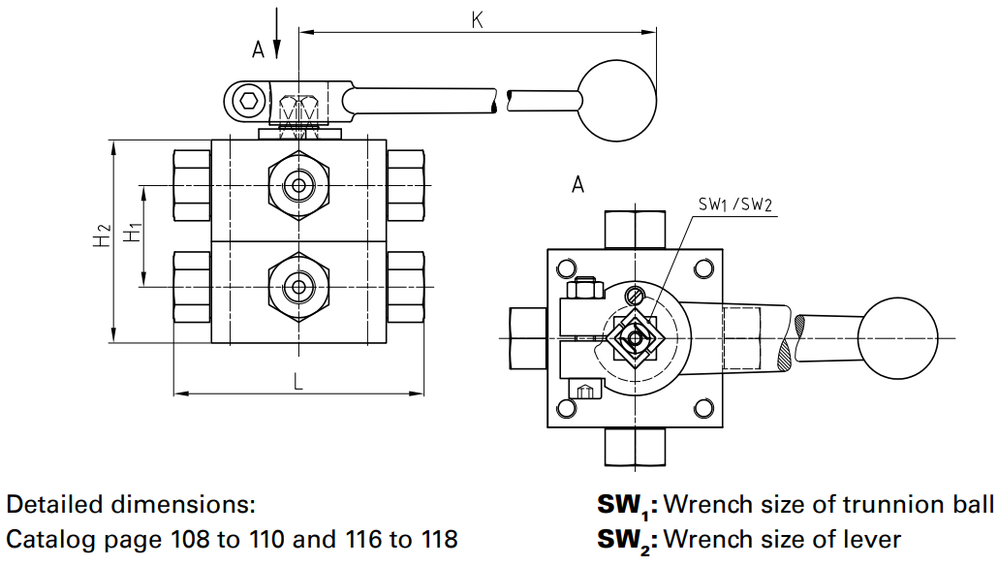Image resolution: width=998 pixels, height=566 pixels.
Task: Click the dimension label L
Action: coord(298,382)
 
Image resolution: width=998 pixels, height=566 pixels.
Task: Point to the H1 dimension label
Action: coord(134,234)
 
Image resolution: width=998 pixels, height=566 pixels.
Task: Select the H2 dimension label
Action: coord(102,236)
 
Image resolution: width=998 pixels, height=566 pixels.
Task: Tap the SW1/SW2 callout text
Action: coord(734,205)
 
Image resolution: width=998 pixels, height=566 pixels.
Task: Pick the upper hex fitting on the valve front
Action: coord(298,185)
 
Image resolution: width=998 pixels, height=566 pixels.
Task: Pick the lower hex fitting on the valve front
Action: coord(298,287)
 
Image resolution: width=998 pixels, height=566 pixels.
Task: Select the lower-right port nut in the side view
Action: coord(405,287)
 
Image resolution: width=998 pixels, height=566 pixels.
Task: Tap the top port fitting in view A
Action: coord(635,229)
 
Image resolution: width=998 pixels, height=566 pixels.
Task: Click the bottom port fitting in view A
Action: coord(635,446)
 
